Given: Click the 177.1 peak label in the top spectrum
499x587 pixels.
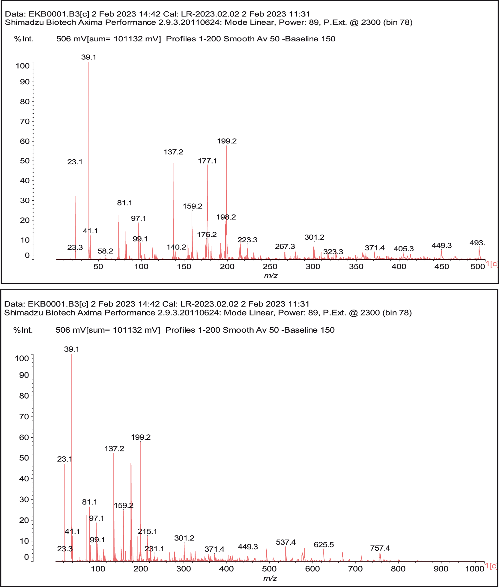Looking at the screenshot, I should point(207,161).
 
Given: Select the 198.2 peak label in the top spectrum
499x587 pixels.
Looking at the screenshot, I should point(226,217).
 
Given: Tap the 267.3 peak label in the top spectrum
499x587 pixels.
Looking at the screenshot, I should point(285,247).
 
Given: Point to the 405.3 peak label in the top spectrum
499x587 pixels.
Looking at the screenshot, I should point(404,249).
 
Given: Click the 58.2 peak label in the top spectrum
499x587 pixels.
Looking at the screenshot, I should point(105,251).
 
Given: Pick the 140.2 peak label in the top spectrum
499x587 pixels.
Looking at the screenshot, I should point(176,247).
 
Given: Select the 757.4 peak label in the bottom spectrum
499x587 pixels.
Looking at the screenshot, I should point(380,548).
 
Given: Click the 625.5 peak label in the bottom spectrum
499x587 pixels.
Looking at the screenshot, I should point(324,545).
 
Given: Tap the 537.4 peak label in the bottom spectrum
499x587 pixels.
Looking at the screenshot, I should point(286,542).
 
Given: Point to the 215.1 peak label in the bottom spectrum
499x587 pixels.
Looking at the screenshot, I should point(147,532).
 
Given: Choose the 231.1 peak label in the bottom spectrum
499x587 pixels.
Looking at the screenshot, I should point(154,549).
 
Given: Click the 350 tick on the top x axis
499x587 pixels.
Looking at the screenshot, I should point(356,267).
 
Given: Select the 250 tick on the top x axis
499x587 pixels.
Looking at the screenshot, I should point(270,267).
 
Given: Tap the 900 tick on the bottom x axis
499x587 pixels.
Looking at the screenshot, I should point(441,569).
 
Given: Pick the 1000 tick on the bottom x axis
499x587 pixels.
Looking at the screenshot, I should point(475,569).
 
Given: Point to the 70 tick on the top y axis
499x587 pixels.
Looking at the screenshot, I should point(25,121).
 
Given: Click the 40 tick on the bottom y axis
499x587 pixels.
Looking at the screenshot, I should point(24,479).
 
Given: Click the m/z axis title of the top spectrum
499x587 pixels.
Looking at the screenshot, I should point(270,275).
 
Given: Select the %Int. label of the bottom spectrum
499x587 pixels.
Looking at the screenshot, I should point(23,330).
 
